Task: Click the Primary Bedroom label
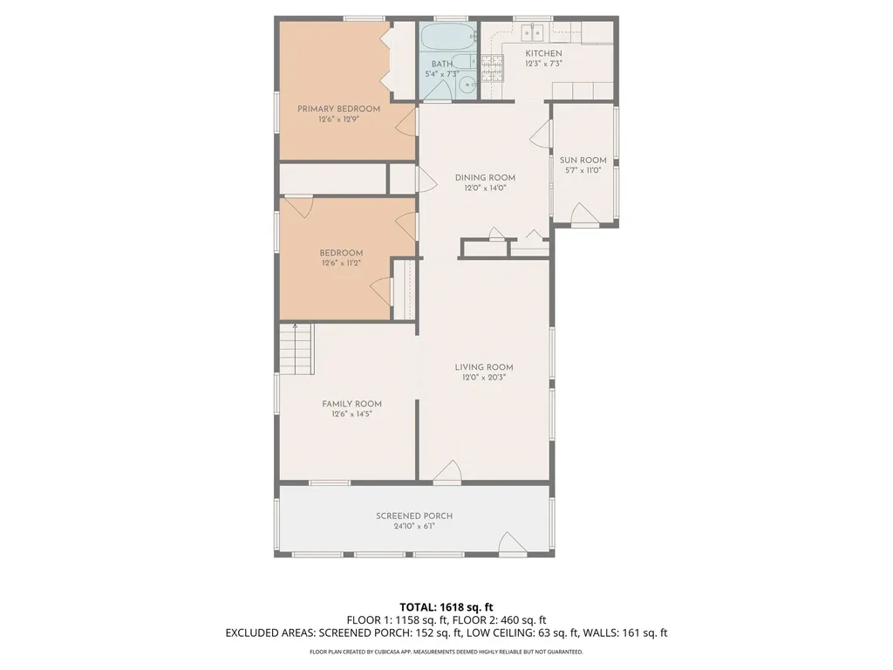[x=338, y=109]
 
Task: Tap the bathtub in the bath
[x=447, y=37]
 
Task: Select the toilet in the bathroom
[x=464, y=61]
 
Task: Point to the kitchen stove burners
[x=493, y=68]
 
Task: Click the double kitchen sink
[x=533, y=33]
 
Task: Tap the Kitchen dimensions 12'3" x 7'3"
[x=543, y=64]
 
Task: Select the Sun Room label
[x=583, y=161]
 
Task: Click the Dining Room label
[x=485, y=178]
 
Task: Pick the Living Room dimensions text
[x=484, y=377]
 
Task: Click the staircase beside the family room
[x=297, y=349]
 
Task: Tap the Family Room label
[x=352, y=404]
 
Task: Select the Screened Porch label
[x=414, y=516]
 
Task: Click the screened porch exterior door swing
[x=511, y=543]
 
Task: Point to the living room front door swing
[x=447, y=472]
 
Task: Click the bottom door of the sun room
[x=585, y=215]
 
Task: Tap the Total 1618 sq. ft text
[x=446, y=607]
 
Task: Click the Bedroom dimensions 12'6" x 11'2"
[x=341, y=263]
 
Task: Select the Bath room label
[x=442, y=64]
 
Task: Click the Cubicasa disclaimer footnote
[x=446, y=652]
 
